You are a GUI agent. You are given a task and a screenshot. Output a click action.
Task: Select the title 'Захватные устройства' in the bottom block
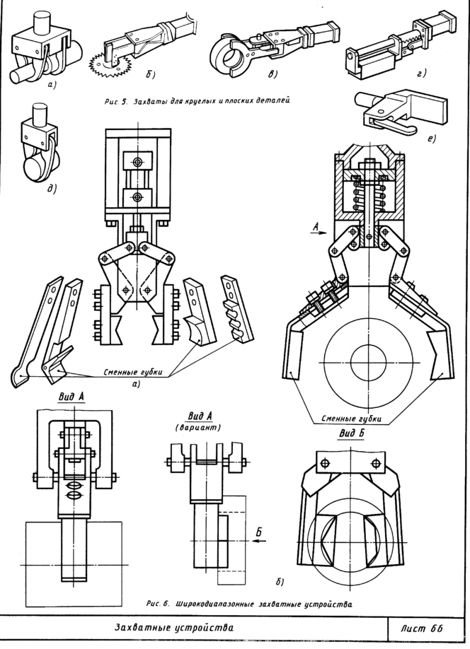(x=173, y=627)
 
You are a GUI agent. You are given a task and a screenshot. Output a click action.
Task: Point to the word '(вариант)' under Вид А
(x=197, y=428)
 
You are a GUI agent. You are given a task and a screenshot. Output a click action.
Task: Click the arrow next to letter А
(x=319, y=233)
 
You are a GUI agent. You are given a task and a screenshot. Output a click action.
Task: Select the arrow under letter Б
(x=258, y=541)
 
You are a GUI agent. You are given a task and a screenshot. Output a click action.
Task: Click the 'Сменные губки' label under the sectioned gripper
(x=352, y=419)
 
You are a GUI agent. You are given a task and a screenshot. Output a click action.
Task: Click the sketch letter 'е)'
(x=431, y=139)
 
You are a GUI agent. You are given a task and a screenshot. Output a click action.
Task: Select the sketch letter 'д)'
(x=52, y=189)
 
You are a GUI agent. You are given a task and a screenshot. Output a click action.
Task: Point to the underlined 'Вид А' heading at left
(x=71, y=397)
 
